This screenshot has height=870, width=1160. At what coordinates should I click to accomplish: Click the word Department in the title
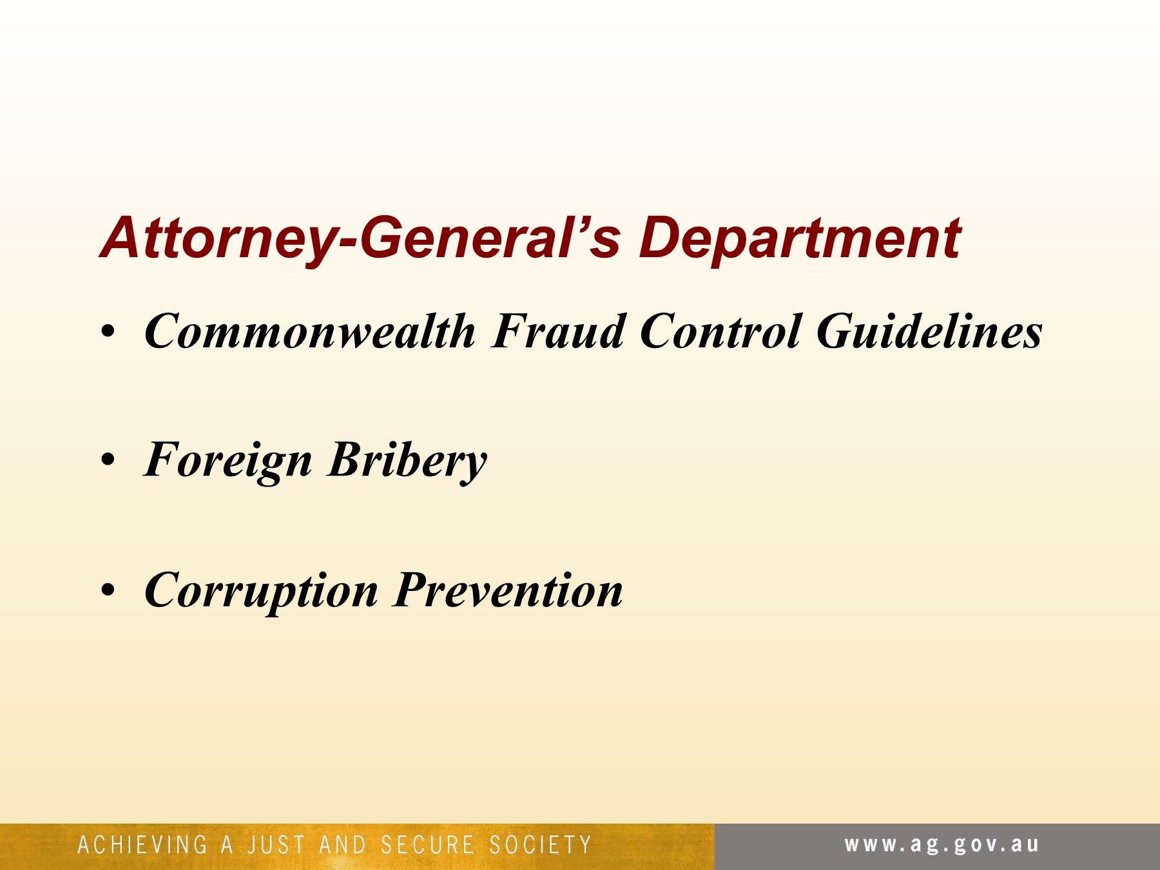[x=800, y=239]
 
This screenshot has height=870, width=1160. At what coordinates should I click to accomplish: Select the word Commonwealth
[x=310, y=331]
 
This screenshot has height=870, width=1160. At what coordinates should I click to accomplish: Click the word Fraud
[x=558, y=331]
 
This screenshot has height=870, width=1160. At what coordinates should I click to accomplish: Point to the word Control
[x=721, y=331]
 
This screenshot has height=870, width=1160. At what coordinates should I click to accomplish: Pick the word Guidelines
[x=929, y=331]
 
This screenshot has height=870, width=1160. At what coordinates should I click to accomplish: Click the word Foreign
[x=228, y=461]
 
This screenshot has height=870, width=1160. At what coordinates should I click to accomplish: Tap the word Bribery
[x=407, y=461]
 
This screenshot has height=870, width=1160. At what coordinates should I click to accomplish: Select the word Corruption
[x=261, y=590]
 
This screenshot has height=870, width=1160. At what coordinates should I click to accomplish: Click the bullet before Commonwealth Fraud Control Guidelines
[x=108, y=333]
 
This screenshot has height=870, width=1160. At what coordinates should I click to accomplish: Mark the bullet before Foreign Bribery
[x=108, y=461]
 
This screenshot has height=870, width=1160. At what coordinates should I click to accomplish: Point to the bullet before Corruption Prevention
[x=108, y=590]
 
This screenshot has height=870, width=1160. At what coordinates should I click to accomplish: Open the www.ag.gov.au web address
[x=942, y=845]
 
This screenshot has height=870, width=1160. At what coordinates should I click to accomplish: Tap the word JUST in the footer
[x=276, y=845]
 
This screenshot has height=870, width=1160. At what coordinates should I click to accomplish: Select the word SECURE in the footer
[x=427, y=845]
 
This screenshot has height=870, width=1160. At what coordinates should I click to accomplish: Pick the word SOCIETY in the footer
[x=540, y=845]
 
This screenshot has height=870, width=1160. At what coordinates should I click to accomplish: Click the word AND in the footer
[x=342, y=845]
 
